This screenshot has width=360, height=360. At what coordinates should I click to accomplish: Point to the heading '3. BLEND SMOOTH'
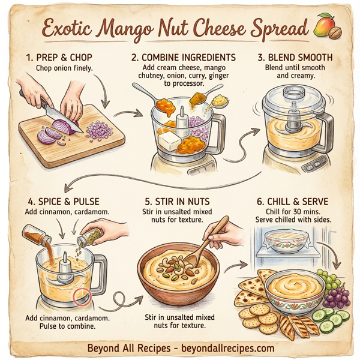(x=294, y=58)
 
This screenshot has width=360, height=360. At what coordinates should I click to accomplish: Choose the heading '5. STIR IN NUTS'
(x=178, y=202)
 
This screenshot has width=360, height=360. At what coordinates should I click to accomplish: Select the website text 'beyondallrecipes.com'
(x=229, y=348)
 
